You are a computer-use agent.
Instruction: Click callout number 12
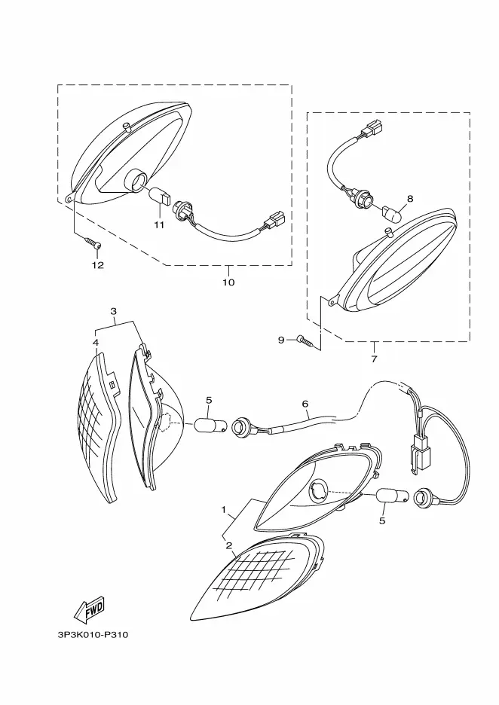(97, 264)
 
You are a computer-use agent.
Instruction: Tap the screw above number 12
(94, 243)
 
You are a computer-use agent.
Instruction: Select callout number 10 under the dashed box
(228, 282)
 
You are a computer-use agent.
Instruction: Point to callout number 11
(159, 224)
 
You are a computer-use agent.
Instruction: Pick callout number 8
(409, 199)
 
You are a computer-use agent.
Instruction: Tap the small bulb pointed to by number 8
(391, 215)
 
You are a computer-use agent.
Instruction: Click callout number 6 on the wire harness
(305, 404)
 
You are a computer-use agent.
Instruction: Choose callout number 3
(114, 310)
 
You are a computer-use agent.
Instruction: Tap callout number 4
(96, 343)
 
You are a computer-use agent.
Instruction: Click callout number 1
(224, 510)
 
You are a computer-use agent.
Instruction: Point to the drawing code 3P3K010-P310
(93, 634)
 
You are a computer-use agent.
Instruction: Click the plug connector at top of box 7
(371, 133)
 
